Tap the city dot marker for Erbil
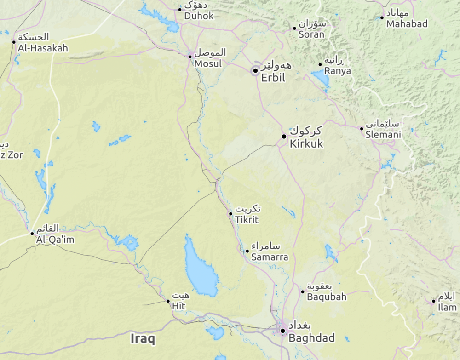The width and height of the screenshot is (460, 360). click(255, 70)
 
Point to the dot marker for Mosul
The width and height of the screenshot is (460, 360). click(190, 57)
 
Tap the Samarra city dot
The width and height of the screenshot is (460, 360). click(247, 251)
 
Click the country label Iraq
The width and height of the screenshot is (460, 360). click(143, 339)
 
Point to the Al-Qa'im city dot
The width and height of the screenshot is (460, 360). click(32, 233)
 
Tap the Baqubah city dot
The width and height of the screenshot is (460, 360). click(303, 291)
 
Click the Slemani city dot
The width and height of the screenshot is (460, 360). click(362, 128)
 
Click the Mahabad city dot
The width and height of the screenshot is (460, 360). click(382, 18)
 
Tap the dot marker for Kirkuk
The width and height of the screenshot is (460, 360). click(284, 137)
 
